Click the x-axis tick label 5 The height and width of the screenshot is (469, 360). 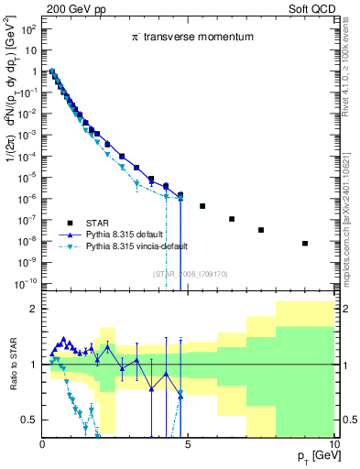(x=188, y=443)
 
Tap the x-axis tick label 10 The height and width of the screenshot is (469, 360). (x=333, y=443)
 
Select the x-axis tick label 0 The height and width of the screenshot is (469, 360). (x=43, y=443)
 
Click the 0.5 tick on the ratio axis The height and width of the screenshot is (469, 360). (x=30, y=420)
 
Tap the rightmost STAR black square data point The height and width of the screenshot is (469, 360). (x=305, y=243)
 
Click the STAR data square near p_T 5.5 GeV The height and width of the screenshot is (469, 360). (x=202, y=205)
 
